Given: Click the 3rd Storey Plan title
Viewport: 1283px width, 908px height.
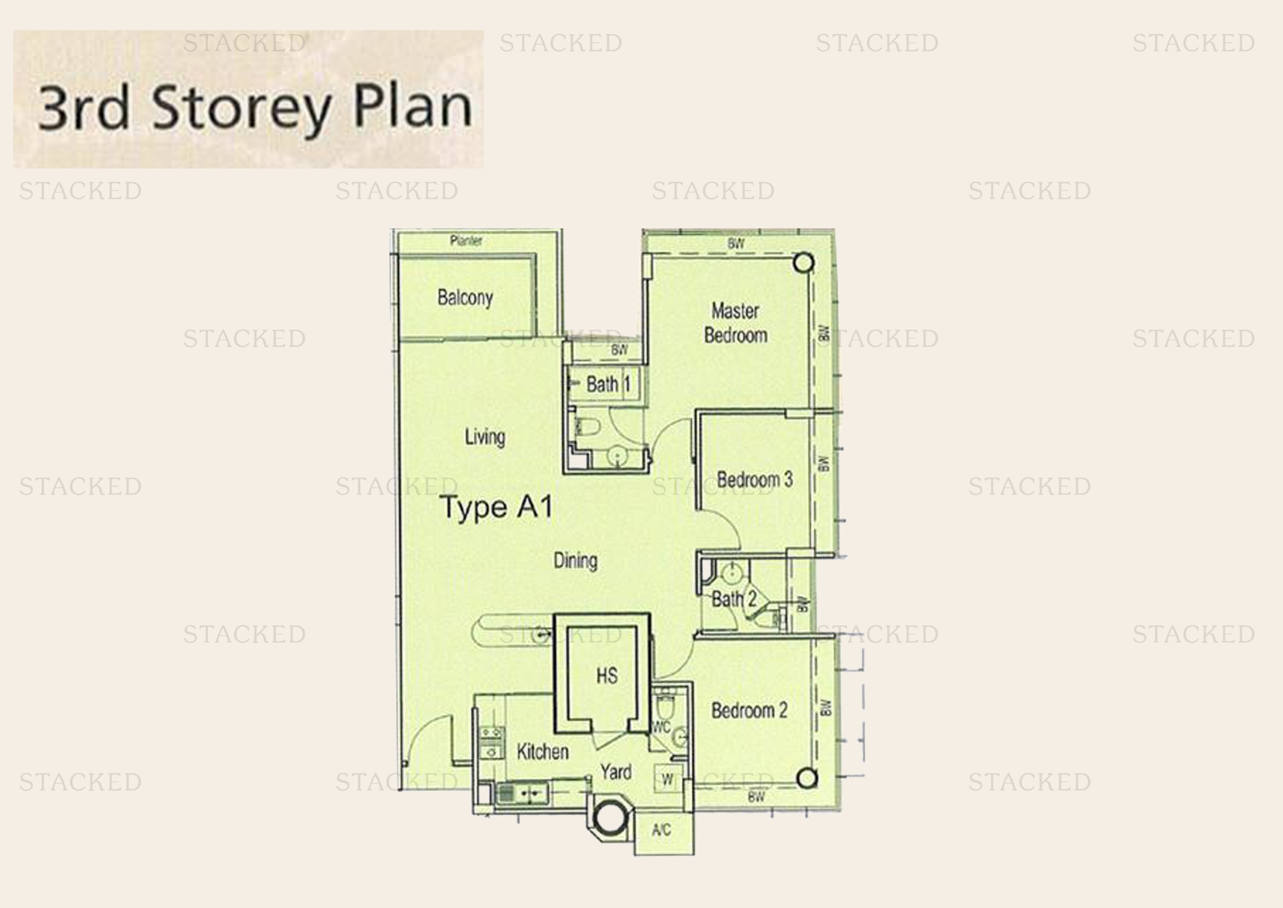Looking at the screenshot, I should (255, 108).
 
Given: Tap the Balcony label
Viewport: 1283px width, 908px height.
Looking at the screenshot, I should (465, 298).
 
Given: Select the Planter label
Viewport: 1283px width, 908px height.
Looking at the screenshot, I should (466, 241).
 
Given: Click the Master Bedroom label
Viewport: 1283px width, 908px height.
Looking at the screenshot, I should (735, 323).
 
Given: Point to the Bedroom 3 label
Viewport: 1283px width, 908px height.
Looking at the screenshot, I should (754, 480).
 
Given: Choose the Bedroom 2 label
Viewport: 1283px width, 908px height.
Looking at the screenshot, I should (749, 710).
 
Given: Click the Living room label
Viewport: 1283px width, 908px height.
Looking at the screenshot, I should (484, 436).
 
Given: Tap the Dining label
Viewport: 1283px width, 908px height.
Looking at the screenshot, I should (575, 561).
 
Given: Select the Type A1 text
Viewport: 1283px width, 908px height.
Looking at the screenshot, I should (496, 507).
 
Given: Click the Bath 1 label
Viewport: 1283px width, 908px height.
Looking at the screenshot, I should (608, 384).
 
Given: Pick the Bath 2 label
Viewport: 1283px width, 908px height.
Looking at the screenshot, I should (733, 599).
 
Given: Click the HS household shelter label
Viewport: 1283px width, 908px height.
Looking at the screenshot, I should (607, 675).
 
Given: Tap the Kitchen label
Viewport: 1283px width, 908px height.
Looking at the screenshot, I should (542, 752).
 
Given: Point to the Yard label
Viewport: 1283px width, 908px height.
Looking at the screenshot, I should (616, 772).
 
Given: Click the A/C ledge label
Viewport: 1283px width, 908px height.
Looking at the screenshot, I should (661, 830).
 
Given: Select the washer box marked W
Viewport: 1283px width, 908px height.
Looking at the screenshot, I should (667, 779).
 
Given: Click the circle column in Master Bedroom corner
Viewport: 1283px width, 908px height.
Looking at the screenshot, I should (804, 263).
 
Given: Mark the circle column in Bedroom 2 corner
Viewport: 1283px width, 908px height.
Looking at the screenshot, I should (806, 778).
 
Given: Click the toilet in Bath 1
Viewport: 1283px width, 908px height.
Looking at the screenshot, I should (588, 427).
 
